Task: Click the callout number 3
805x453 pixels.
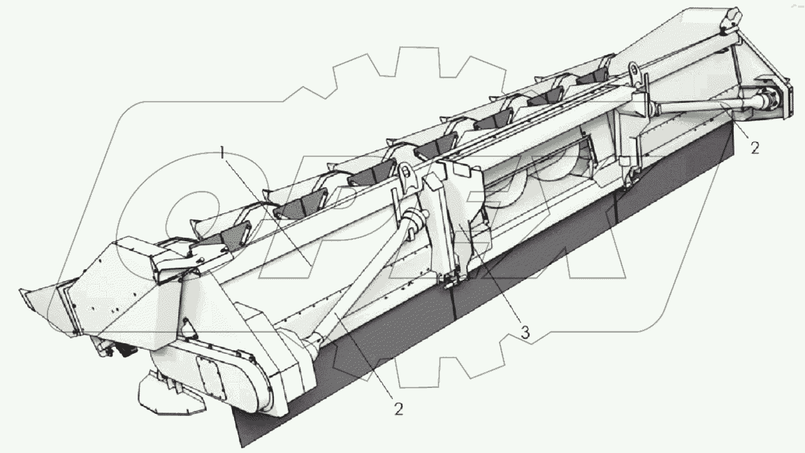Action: point(525,333)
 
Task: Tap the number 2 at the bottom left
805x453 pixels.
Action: point(399,407)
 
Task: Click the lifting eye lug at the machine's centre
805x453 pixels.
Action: point(405,172)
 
